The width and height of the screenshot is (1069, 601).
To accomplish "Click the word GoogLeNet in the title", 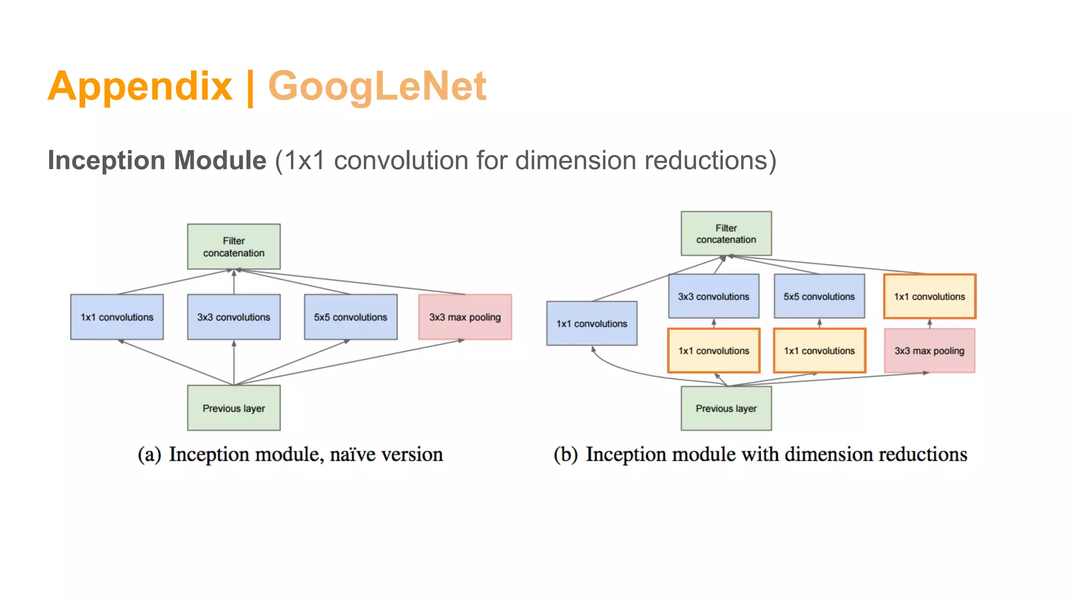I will pos(377,87).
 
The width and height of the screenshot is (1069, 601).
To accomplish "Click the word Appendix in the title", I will pos(140,87).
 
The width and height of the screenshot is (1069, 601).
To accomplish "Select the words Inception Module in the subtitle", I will pos(157,160).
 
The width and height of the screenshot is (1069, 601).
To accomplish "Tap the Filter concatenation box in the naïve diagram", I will pos(233,247).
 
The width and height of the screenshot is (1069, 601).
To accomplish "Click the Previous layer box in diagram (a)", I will pos(233,408).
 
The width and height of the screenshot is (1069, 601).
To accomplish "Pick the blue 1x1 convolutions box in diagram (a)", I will pos(117,317).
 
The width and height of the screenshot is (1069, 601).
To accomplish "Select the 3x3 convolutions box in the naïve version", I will pos(233,317).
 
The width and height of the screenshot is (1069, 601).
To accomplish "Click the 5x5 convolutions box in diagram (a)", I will pos(350,317).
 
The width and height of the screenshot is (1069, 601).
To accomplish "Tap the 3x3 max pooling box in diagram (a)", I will pos(465,317).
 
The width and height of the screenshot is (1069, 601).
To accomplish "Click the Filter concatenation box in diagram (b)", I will pos(726,234).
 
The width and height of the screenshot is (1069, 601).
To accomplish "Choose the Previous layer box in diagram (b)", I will pos(726,408).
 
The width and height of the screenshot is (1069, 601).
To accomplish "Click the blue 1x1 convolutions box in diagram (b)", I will pos(591,323).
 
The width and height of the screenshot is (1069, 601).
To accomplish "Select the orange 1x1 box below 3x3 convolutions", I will pos(714,351).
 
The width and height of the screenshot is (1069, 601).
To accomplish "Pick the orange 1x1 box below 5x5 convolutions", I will pos(819,351).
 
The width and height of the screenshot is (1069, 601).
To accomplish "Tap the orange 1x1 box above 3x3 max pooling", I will pos(929,296).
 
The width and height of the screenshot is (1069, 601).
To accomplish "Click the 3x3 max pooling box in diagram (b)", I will pos(929,351).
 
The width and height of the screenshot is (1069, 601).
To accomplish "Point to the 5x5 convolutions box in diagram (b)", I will pos(819,296).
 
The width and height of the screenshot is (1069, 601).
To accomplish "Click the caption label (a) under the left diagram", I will pos(149,455).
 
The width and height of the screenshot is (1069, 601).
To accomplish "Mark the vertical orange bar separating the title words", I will pos(250,88).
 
